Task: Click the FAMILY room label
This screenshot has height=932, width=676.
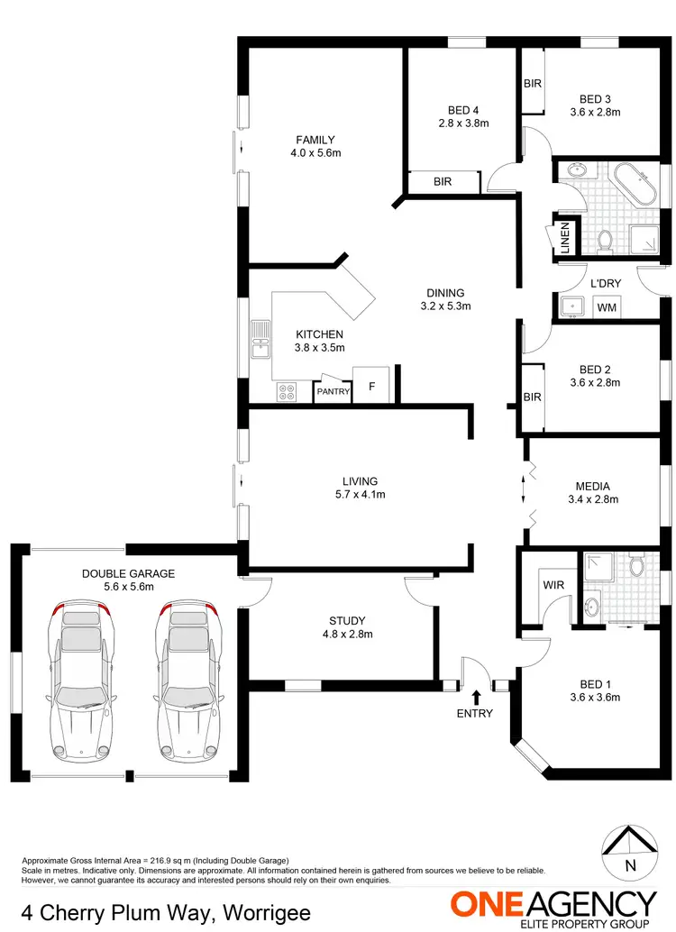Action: click(x=315, y=140)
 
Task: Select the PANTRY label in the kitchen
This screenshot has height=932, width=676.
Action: click(x=333, y=391)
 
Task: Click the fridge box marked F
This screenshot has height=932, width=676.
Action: click(x=370, y=386)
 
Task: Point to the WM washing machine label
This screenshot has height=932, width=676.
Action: click(x=607, y=308)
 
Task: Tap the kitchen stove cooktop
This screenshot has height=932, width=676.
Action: click(x=288, y=392)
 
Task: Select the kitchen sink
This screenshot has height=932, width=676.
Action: click(x=260, y=340)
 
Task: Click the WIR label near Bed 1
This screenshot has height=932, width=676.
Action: click(x=553, y=584)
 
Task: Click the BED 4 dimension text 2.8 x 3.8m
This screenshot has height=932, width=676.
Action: click(x=463, y=123)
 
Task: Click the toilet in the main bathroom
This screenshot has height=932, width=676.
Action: click(x=605, y=239)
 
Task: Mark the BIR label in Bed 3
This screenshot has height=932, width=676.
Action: click(x=532, y=83)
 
